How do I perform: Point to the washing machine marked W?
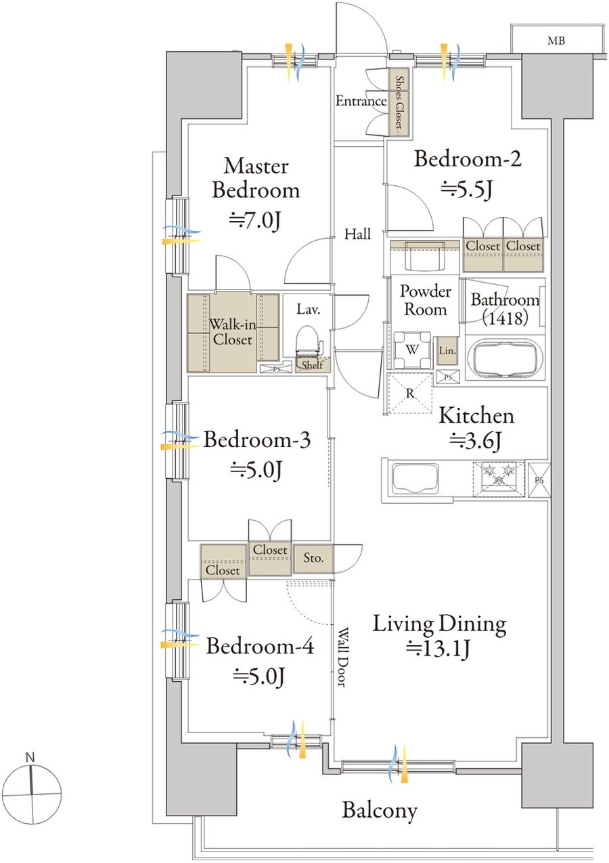(412, 350)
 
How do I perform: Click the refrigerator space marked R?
(410, 394)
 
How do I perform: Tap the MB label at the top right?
(556, 40)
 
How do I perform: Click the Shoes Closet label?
(400, 102)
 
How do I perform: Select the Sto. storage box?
(313, 557)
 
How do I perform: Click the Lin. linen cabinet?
(447, 350)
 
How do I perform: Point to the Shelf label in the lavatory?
(312, 365)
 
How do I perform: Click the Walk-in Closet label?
(232, 332)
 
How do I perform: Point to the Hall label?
(358, 234)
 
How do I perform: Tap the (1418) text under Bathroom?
(505, 318)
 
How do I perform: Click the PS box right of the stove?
(539, 480)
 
